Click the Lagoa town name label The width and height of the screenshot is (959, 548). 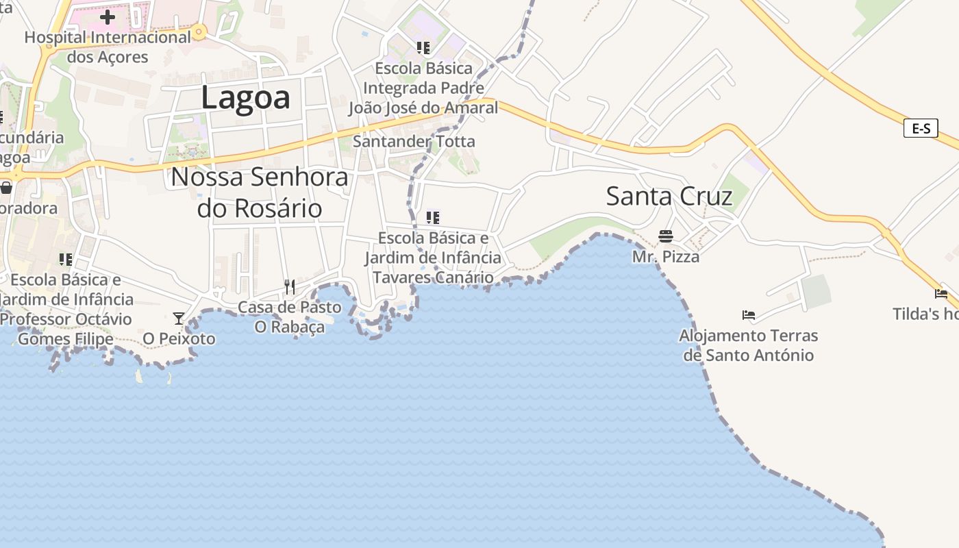[x=245, y=98]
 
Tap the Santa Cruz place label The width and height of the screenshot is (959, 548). [x=669, y=197]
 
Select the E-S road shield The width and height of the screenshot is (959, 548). [x=920, y=128]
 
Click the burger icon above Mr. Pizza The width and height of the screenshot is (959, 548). [x=666, y=236]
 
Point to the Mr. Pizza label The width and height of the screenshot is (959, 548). [x=666, y=257]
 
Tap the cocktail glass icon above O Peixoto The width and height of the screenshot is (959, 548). [x=179, y=318]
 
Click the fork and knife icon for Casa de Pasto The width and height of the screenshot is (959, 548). [x=290, y=286]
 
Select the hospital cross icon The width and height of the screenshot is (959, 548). [x=108, y=17]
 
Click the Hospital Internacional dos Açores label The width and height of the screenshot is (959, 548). [x=108, y=47]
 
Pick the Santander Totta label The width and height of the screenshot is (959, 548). [x=414, y=142]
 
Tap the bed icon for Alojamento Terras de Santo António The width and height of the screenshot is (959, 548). [x=749, y=315]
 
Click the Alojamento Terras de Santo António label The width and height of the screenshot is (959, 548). [x=748, y=345]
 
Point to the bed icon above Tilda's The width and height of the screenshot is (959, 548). [x=941, y=293]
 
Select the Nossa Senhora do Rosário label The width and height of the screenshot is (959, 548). [x=260, y=192]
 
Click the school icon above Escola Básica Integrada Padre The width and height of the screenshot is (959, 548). [x=423, y=48]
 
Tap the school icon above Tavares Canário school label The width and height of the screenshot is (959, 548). [x=432, y=218]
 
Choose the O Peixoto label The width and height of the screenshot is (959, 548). [x=179, y=338]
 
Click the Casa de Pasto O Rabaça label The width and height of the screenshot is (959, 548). [x=290, y=317]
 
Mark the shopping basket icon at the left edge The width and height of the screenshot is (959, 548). [x=6, y=187]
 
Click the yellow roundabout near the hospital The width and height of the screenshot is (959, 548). [x=199, y=31]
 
